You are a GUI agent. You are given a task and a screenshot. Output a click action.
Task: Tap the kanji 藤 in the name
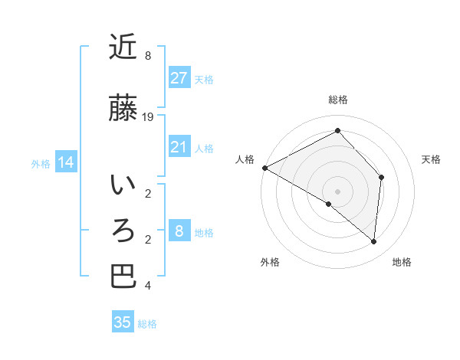(x=123, y=108)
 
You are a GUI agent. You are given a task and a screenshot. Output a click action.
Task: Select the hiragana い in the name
(x=123, y=185)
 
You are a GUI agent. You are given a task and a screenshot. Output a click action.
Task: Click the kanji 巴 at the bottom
(x=123, y=277)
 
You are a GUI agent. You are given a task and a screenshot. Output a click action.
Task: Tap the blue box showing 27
(x=179, y=78)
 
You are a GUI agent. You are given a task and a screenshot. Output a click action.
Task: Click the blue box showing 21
(x=179, y=147)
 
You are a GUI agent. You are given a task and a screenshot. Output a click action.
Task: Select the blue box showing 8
(x=179, y=231)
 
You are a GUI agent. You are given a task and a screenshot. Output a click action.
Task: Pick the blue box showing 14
(x=65, y=162)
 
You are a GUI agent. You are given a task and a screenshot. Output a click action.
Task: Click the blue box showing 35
(x=123, y=322)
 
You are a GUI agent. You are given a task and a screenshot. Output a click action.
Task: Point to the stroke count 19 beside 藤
(x=148, y=116)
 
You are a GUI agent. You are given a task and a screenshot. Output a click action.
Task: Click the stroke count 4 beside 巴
(x=148, y=286)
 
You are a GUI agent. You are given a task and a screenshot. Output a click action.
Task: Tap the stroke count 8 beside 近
(x=148, y=56)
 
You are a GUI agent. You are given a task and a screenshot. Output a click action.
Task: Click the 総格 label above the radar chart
(x=337, y=100)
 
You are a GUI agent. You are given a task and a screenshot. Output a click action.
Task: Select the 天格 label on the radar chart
(x=431, y=159)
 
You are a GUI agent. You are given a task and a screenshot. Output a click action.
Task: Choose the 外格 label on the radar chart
(x=270, y=263)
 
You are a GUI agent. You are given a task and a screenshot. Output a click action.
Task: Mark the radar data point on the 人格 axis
(x=264, y=168)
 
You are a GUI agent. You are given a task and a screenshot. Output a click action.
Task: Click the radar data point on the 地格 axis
(x=373, y=241)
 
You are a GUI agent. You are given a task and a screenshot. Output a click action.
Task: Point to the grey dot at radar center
(x=337, y=191)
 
